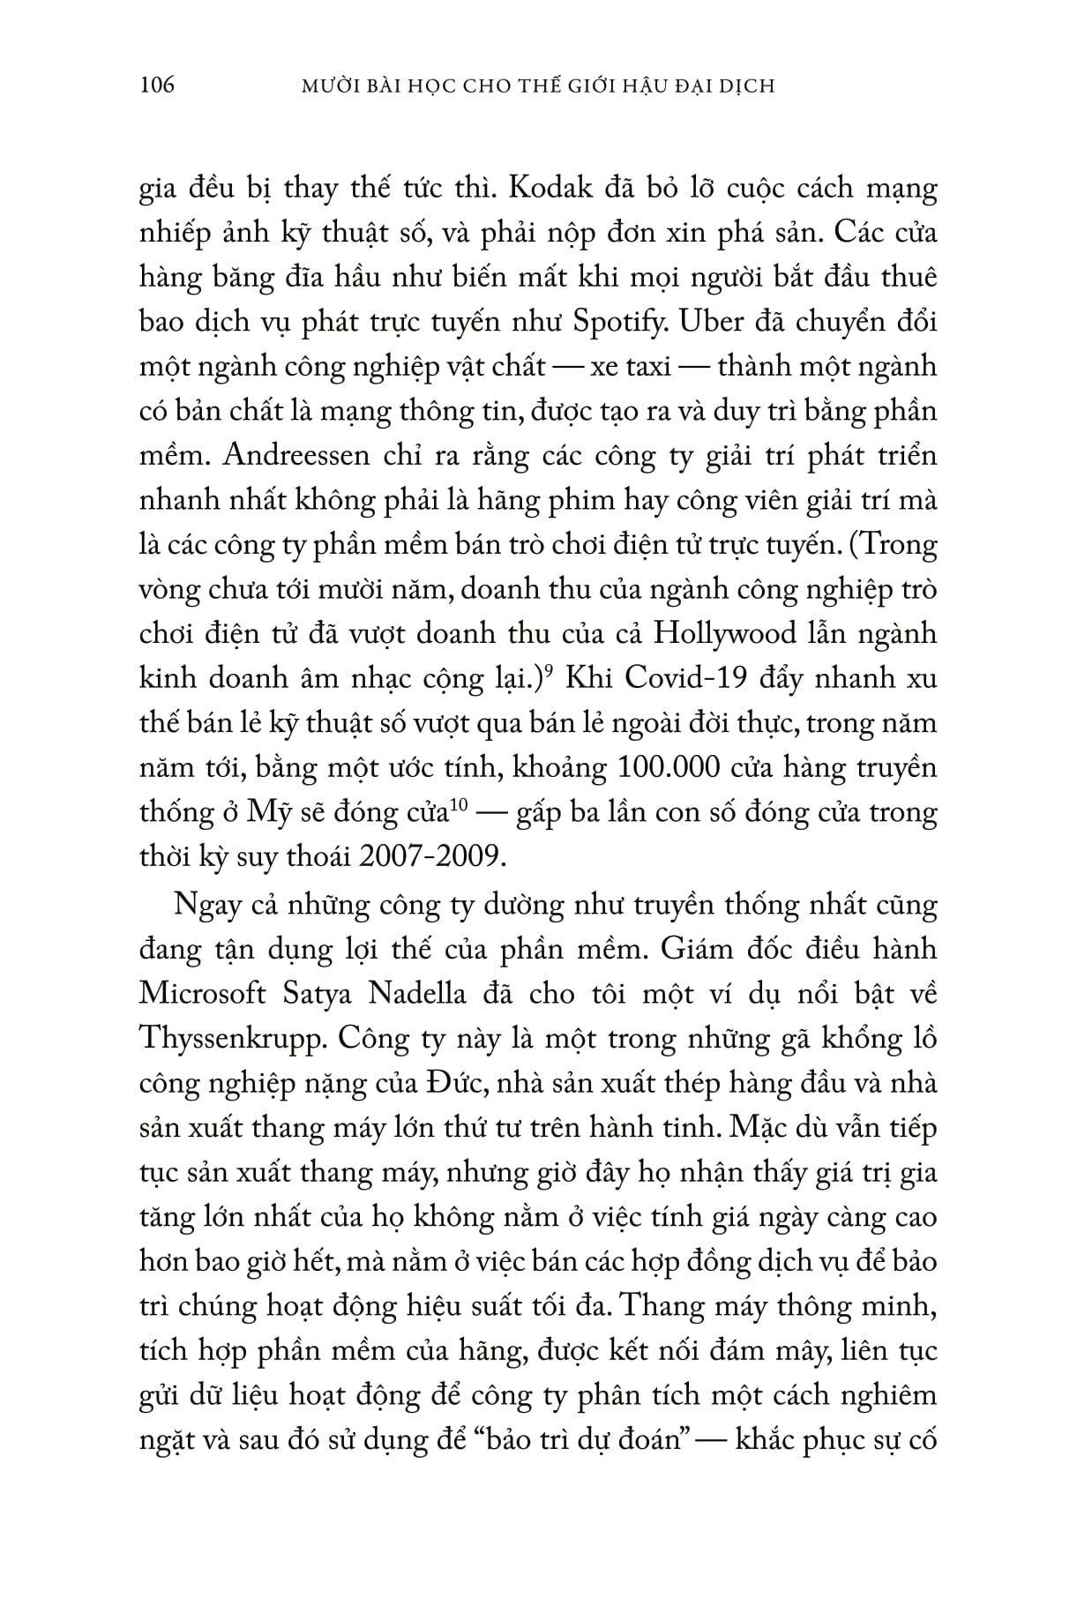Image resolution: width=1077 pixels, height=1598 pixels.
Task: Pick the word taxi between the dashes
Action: (x=648, y=367)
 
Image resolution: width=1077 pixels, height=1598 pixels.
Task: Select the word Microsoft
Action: (x=203, y=994)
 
